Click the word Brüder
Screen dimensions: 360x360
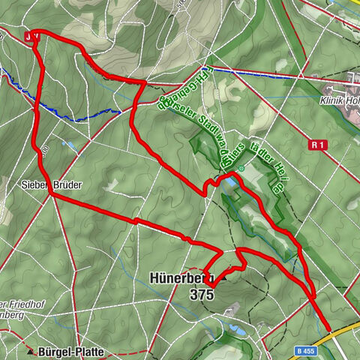67,183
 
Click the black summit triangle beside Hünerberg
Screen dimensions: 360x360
223,277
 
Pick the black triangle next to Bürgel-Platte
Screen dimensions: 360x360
30,351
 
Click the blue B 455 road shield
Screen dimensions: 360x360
304,350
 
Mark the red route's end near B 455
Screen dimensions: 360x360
328,328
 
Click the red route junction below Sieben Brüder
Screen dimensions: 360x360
51,195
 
